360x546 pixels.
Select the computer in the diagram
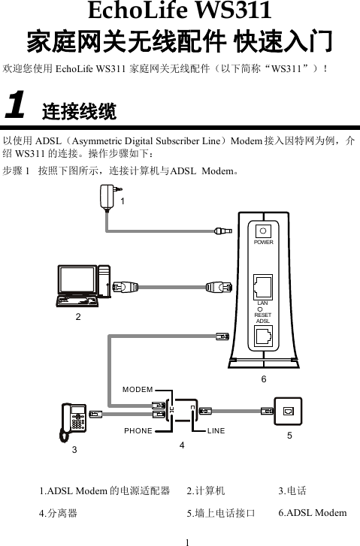coord(83,286)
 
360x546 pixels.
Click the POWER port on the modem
coord(263,232)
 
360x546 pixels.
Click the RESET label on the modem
coord(263,315)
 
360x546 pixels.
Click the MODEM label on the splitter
coord(138,390)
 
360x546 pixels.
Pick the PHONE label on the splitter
coord(138,431)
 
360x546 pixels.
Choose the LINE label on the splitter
coord(216,431)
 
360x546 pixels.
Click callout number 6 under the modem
coord(264,379)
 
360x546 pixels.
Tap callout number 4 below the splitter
coord(181,446)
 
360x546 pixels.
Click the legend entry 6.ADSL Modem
coord(312,513)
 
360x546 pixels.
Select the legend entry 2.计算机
coord(206,491)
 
